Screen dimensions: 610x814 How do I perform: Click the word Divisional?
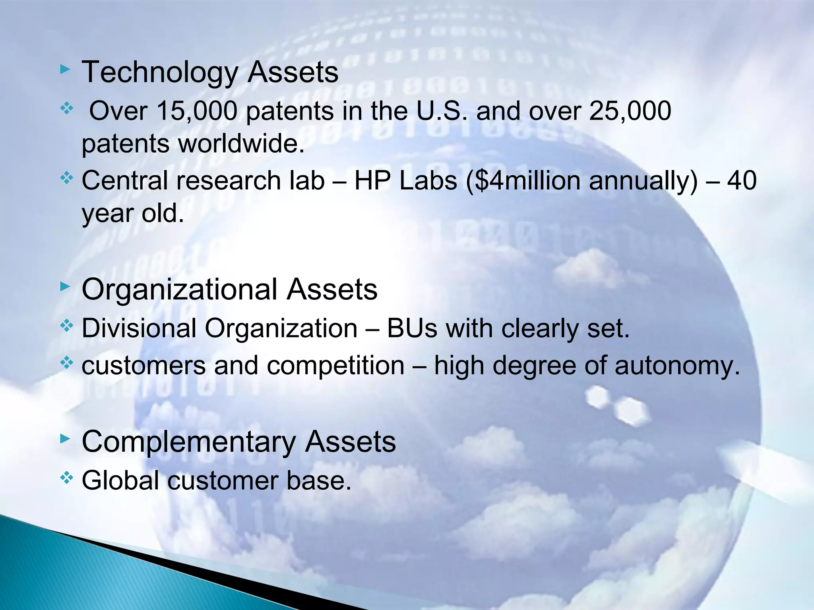[139, 329]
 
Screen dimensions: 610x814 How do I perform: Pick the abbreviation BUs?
[412, 329]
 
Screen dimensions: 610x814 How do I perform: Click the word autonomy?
[677, 366]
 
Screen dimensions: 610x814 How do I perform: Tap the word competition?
[335, 366]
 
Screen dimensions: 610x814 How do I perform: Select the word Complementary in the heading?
[189, 442]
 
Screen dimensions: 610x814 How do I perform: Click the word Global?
[120, 481]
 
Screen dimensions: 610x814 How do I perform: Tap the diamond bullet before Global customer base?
[66, 478]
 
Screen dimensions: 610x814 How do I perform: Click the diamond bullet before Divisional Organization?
[66, 326]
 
